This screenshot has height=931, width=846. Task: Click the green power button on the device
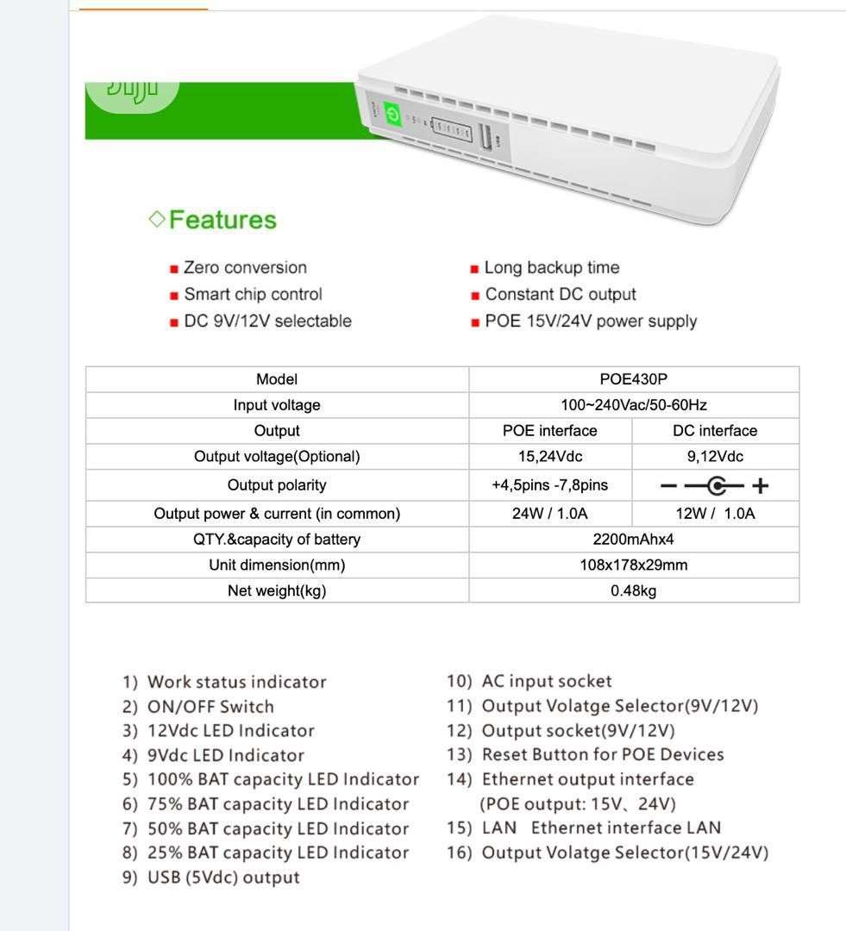(x=393, y=116)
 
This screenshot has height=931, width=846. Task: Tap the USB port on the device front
(x=485, y=139)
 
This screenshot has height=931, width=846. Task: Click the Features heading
(x=222, y=220)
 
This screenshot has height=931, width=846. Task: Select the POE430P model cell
(x=633, y=379)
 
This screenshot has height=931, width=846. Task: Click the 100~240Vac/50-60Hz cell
(x=633, y=405)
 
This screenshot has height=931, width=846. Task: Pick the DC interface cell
(x=715, y=431)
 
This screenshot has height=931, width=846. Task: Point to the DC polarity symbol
(x=715, y=486)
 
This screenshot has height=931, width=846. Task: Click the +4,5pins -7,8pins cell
(x=549, y=485)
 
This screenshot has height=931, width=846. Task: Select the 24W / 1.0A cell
(x=549, y=514)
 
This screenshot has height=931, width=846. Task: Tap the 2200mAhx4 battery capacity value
(x=633, y=540)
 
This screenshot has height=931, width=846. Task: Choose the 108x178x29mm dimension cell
(x=633, y=565)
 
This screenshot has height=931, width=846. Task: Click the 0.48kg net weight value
(x=633, y=591)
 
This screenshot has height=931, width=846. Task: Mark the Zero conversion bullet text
(x=245, y=268)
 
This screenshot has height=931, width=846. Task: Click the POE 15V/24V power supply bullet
(x=591, y=322)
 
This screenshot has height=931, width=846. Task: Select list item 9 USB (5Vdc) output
(x=223, y=878)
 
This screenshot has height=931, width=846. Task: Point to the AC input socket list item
(x=546, y=682)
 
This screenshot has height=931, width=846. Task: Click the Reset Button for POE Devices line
(x=602, y=755)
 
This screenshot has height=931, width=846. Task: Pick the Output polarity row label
(x=277, y=485)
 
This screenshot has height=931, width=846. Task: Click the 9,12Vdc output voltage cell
(x=715, y=457)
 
